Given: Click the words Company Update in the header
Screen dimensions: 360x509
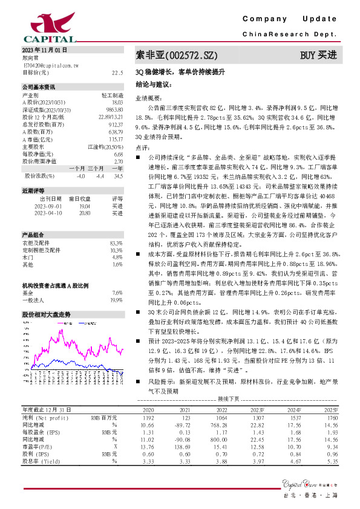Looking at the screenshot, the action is [293, 20].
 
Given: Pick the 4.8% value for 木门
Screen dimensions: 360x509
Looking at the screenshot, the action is [117, 240].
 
